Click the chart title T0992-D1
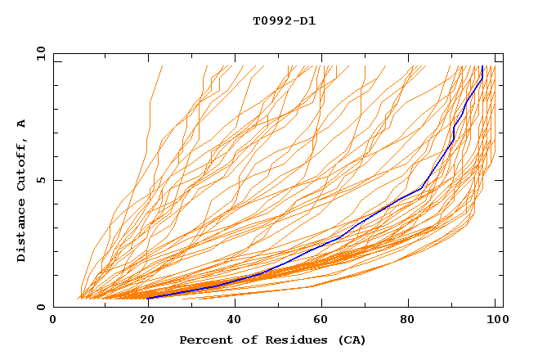285,21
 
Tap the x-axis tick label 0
54,322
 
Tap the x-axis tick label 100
494,322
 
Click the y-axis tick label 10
40,53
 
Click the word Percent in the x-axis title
204,340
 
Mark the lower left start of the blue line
149,298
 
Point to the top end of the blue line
483,67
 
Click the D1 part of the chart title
308,21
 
